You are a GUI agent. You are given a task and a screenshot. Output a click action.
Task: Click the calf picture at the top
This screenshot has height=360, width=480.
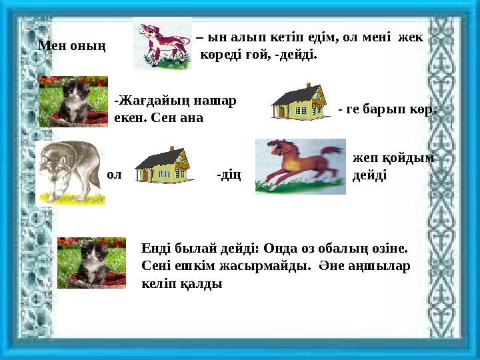click(162, 43)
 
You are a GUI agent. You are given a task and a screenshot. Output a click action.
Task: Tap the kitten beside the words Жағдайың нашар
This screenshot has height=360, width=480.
click(73, 101)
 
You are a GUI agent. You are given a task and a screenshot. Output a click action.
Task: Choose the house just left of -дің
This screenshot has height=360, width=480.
click(163, 165)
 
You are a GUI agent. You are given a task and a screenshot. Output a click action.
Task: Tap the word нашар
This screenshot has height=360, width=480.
click(216, 101)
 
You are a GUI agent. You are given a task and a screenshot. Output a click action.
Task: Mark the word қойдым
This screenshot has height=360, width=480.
click(407, 158)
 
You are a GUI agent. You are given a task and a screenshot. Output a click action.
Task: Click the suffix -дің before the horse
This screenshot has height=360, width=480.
click(229, 175)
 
